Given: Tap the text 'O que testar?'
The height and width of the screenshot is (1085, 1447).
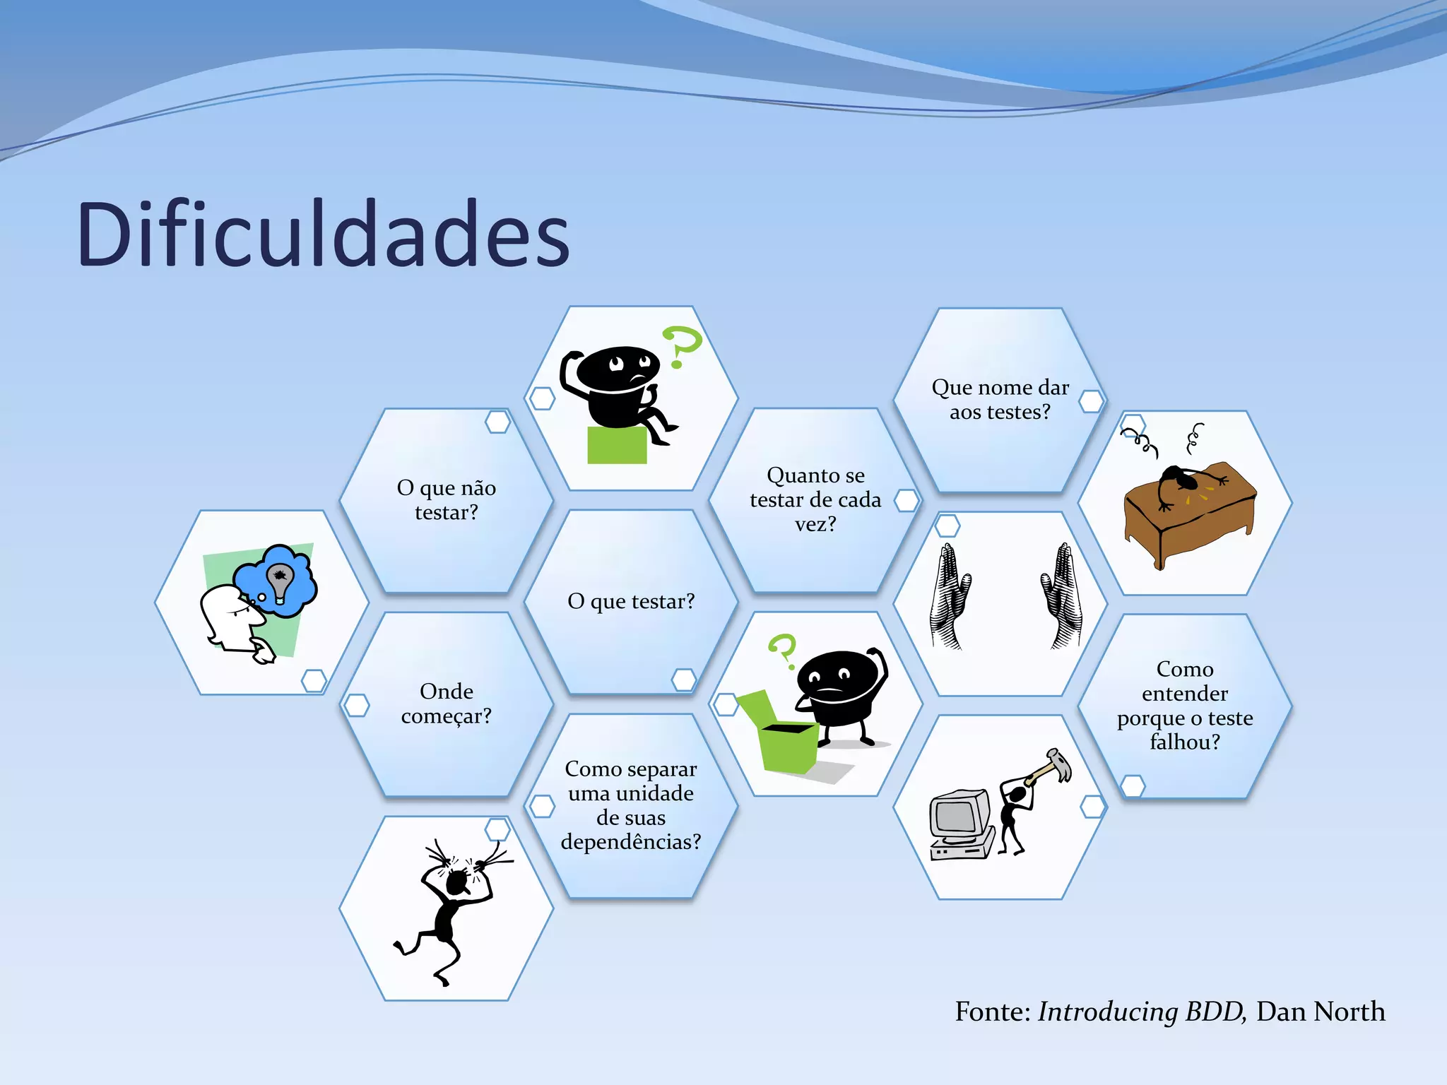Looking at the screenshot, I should pos(631,601).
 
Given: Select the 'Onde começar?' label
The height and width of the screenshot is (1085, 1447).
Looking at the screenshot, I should pos(446,704).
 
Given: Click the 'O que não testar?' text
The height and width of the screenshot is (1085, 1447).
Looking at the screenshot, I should pos(446,500).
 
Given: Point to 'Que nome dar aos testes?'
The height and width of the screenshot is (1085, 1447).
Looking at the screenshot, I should pos(1000,399).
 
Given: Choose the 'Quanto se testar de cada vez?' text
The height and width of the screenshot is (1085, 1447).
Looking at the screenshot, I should pos(815,499).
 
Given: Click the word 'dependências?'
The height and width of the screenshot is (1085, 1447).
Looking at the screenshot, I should pos(631,842).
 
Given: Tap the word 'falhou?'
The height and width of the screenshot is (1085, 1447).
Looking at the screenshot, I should pos(1185,742).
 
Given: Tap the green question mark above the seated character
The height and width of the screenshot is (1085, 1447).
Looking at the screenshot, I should pos(681,345).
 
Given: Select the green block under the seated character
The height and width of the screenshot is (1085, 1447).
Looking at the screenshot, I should pos(617,445).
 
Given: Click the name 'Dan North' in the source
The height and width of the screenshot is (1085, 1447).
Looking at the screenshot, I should pos(1320,1012).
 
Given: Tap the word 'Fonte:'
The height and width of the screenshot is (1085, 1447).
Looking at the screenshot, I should pos(993,1012).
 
